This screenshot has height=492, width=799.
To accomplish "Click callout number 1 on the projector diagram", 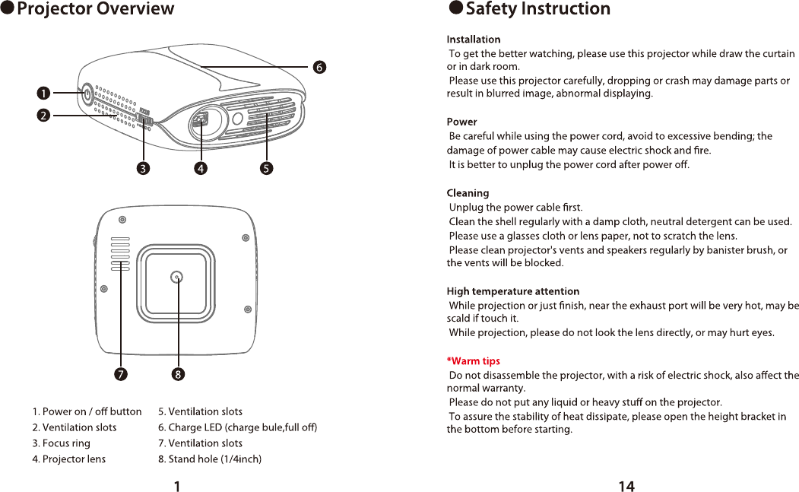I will tap(44, 93).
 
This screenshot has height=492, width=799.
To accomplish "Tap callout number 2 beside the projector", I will tap(44, 116).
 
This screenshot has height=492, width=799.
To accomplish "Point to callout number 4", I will tap(200, 169).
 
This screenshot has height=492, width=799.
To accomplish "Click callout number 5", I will tap(266, 169).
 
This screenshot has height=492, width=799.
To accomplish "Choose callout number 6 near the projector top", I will tap(320, 67).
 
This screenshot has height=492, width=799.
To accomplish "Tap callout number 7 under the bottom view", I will tap(121, 374).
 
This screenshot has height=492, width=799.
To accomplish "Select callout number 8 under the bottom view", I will tap(178, 374).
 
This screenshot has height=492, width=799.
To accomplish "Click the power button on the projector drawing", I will tap(85, 94).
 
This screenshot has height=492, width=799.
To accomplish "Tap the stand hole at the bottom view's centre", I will tap(177, 278).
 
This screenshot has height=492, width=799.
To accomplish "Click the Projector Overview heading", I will tap(95, 9).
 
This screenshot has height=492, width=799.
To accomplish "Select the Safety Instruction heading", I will tap(537, 9).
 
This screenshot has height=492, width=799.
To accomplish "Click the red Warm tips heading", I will tap(473, 361).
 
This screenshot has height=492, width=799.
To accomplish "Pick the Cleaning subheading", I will tap(468, 193).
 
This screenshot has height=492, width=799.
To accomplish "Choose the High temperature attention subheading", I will tap(512, 291).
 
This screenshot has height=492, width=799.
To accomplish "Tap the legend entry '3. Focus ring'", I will tap(61, 443).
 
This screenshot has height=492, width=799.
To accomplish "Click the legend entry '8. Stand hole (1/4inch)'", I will tap(210, 459).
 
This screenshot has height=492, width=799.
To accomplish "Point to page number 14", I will tap(626, 487).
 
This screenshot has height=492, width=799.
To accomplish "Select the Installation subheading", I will tap(473, 39).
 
